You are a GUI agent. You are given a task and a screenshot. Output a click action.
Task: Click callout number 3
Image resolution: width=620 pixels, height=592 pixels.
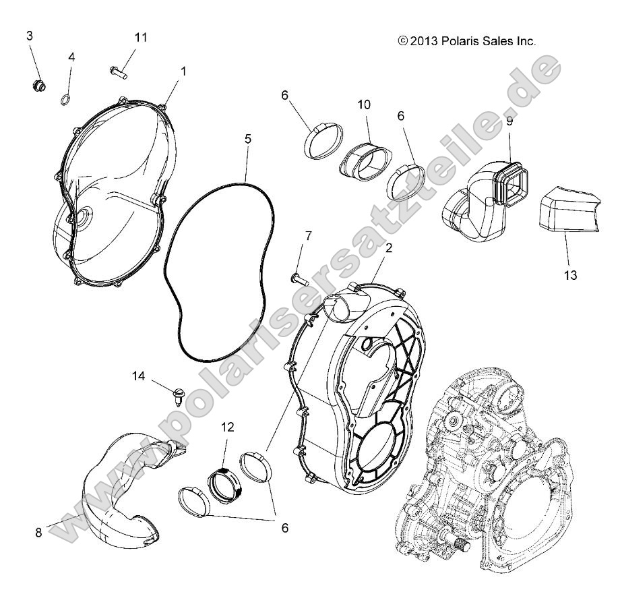(30, 36)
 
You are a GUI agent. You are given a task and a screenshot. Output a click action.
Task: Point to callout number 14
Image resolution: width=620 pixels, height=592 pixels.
(138, 376)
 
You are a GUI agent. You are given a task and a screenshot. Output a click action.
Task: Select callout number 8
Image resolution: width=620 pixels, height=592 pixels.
(38, 532)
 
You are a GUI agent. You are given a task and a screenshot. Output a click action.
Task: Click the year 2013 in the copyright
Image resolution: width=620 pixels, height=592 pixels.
(423, 41)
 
